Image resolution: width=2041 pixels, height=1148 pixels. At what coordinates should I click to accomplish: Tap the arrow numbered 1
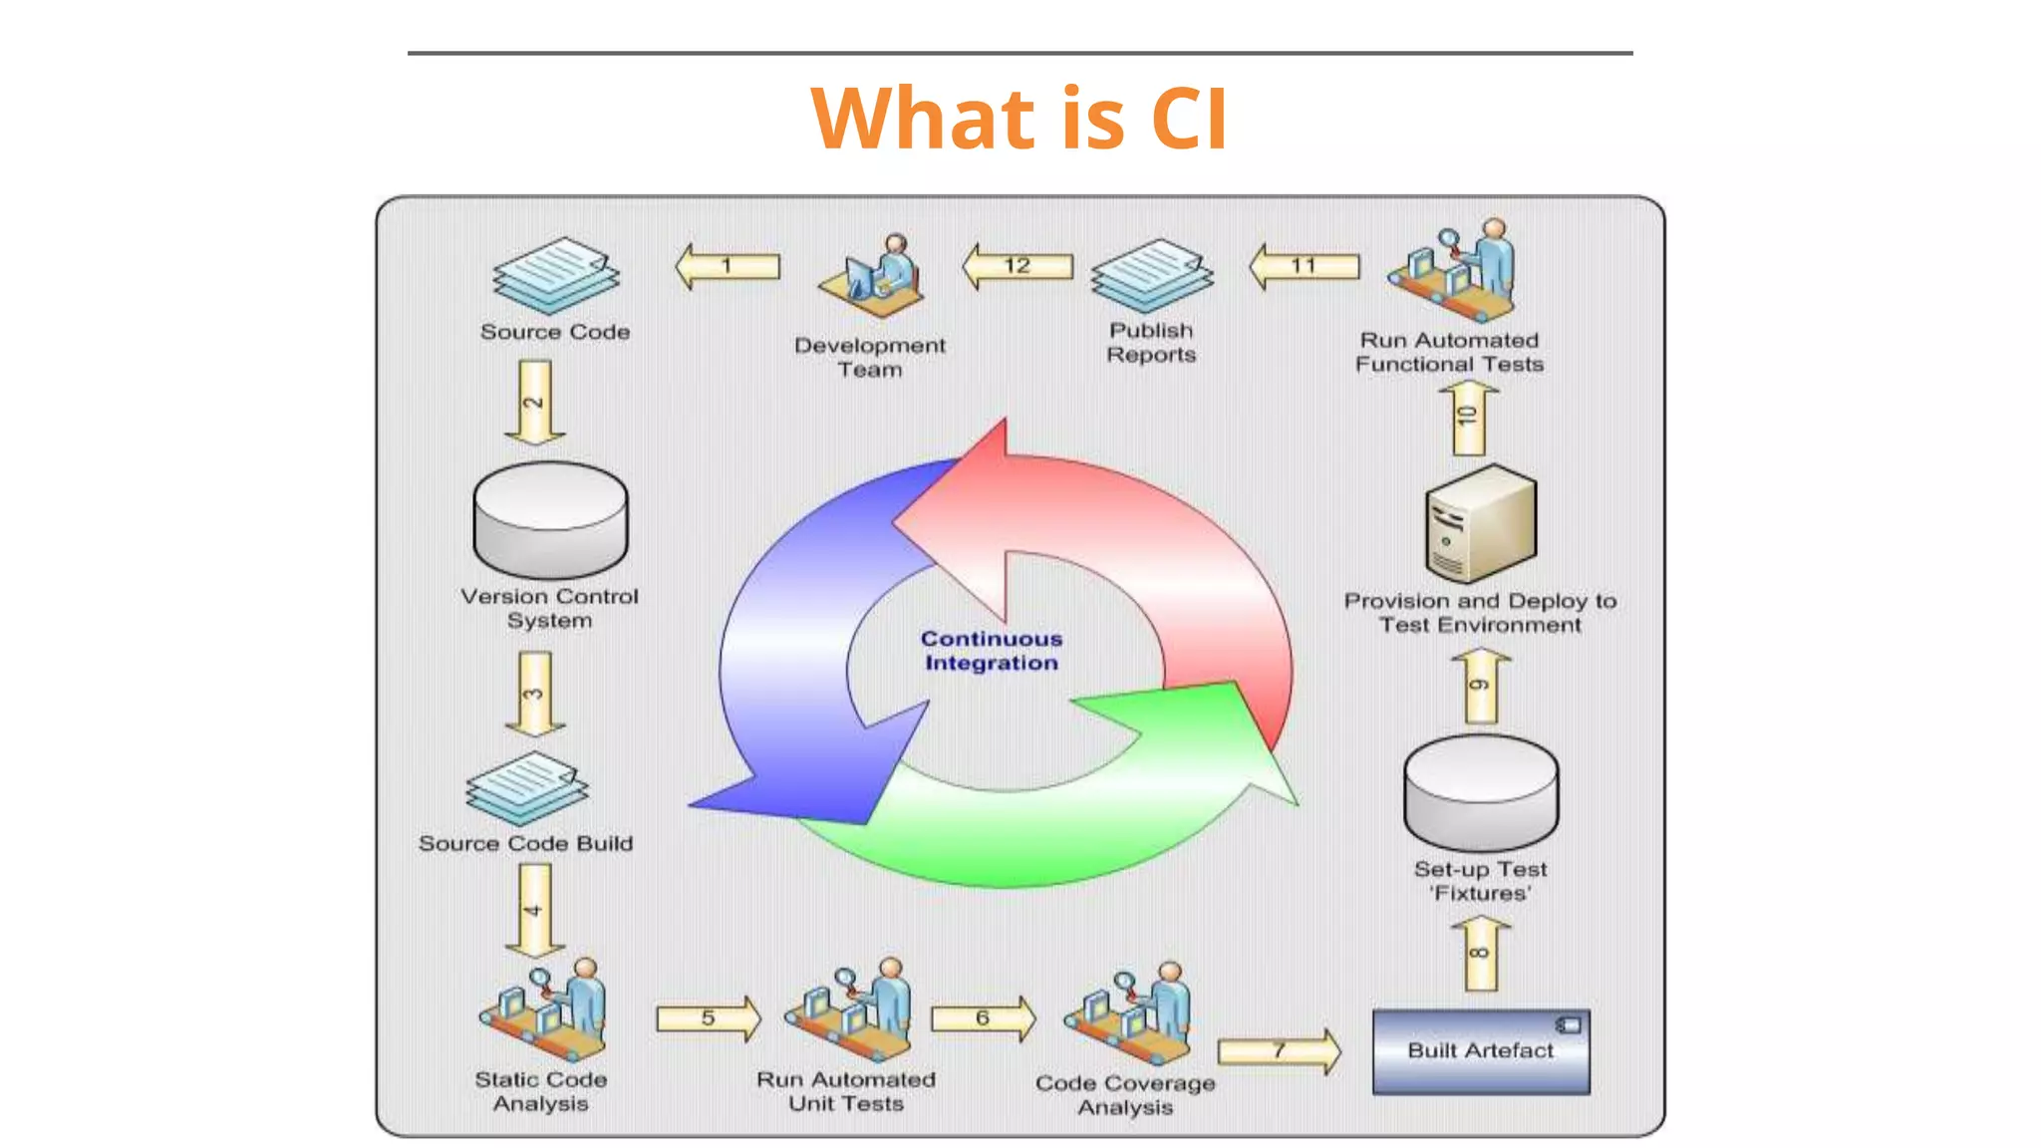(x=728, y=266)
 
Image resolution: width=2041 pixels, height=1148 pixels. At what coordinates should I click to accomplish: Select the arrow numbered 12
(x=1018, y=266)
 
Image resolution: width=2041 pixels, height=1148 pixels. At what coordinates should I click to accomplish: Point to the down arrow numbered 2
(x=535, y=402)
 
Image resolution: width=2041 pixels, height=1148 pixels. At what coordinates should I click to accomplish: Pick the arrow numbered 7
(x=1280, y=1050)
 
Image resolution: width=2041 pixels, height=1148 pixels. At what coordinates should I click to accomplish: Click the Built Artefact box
(x=1481, y=1052)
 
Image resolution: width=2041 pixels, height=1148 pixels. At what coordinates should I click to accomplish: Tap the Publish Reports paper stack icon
(x=1152, y=275)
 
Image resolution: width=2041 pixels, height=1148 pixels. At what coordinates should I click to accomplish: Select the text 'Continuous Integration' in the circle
(x=992, y=651)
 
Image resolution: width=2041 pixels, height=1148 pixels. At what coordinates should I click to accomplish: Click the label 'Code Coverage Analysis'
(x=1125, y=1094)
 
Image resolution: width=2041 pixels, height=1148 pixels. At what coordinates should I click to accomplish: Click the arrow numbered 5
(x=708, y=1018)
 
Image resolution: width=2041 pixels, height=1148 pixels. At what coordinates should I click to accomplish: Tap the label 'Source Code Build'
(x=525, y=843)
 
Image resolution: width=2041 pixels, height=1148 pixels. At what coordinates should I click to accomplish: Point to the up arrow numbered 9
(x=1482, y=686)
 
